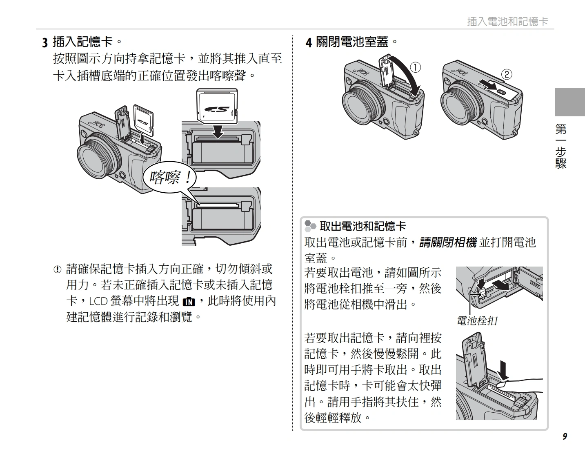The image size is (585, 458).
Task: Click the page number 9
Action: (565, 436)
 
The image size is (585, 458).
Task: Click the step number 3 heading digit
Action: (45, 42)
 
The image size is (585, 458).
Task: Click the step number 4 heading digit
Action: (309, 42)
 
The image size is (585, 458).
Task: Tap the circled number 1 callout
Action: (415, 67)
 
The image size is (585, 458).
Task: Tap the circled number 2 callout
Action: (506, 74)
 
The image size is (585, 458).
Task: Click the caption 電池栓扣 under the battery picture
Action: (477, 321)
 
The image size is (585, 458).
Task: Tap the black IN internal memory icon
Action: (189, 302)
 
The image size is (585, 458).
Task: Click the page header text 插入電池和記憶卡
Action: (507, 21)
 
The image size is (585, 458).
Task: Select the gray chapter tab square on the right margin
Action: (569, 102)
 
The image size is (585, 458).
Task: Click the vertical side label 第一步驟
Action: (561, 147)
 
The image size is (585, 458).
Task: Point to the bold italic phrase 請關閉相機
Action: (448, 242)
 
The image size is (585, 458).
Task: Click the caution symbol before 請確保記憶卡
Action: (58, 269)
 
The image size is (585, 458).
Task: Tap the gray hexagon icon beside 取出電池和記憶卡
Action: (310, 226)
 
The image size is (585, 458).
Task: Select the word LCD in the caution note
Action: (98, 301)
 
